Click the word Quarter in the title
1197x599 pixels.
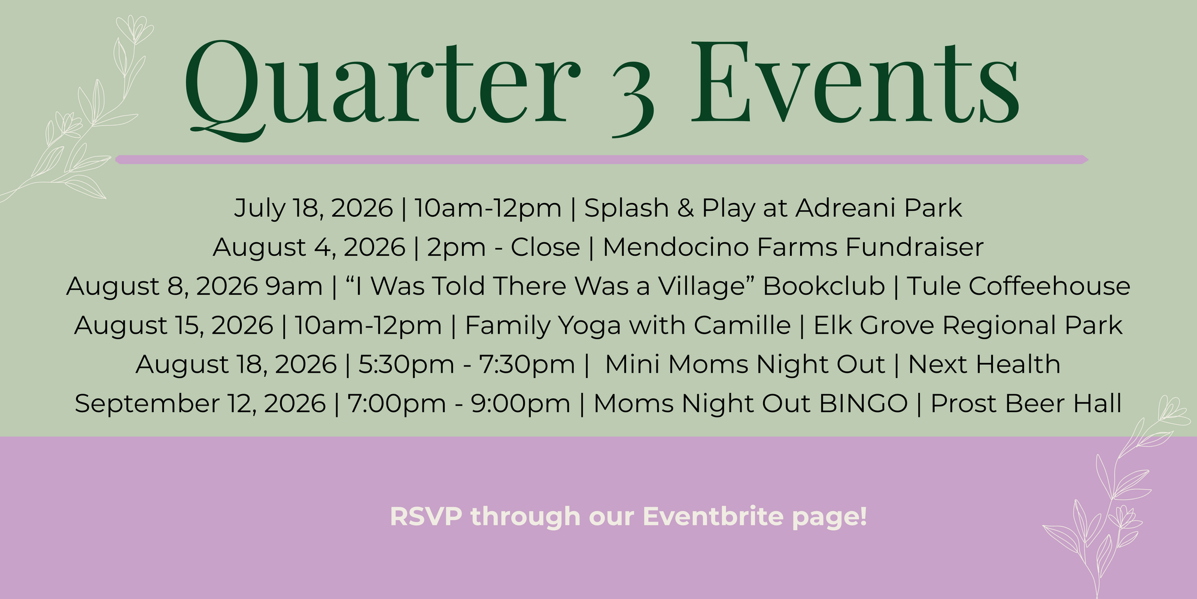pyautogui.click(x=382, y=90)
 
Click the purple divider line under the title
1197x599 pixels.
pyautogui.click(x=601, y=159)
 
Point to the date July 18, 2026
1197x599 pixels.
pyautogui.click(x=313, y=208)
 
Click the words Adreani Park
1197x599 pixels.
pyautogui.click(x=879, y=208)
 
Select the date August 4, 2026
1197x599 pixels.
pyautogui.click(x=309, y=247)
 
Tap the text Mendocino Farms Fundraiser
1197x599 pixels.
pyautogui.click(x=793, y=247)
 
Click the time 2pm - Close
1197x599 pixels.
pyautogui.click(x=503, y=247)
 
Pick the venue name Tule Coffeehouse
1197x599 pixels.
pyautogui.click(x=1019, y=286)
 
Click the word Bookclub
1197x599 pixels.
pyautogui.click(x=824, y=286)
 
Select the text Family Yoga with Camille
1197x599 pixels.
pyautogui.click(x=628, y=325)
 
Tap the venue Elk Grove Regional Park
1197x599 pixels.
pyautogui.click(x=968, y=325)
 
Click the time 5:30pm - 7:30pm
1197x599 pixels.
pyautogui.click(x=467, y=364)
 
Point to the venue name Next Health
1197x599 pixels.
pyautogui.click(x=985, y=364)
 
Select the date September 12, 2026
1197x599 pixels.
pyautogui.click(x=200, y=404)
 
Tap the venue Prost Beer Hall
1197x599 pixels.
pyautogui.click(x=1026, y=404)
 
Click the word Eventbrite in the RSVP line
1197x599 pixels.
pyautogui.click(x=713, y=516)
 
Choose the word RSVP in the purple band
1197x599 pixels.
pyautogui.click(x=426, y=517)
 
